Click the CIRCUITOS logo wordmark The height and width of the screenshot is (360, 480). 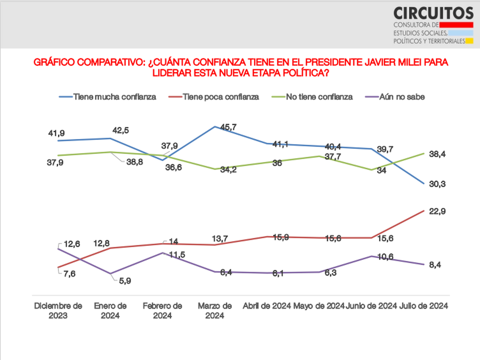pyautogui.click(x=433, y=13)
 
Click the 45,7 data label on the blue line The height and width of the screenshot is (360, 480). pyautogui.click(x=228, y=127)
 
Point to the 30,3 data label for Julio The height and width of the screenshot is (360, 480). pyautogui.click(x=437, y=184)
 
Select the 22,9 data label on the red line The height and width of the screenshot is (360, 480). pyautogui.click(x=437, y=211)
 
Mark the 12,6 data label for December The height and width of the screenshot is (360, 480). pyautogui.click(x=72, y=244)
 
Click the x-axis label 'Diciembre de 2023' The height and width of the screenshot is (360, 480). pyautogui.click(x=58, y=311)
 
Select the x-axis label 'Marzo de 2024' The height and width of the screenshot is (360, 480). pyautogui.click(x=215, y=311)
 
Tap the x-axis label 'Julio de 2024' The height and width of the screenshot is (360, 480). pyautogui.click(x=424, y=306)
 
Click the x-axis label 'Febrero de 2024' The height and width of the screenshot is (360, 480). pyautogui.click(x=162, y=311)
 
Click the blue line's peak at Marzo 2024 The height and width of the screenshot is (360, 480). pyautogui.click(x=215, y=127)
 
